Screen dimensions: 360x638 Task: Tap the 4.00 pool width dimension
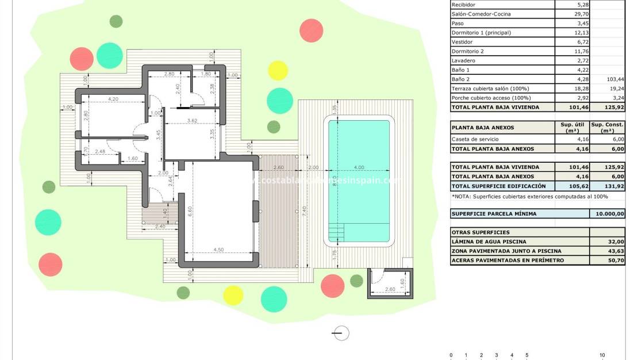(359, 167)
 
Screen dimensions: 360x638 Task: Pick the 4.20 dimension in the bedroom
(112, 99)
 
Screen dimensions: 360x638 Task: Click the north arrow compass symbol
(341, 332)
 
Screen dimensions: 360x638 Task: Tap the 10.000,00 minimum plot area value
(608, 214)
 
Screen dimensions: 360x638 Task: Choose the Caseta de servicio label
(475, 139)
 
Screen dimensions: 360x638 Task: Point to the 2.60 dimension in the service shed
(390, 289)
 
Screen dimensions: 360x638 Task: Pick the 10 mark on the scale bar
(602, 355)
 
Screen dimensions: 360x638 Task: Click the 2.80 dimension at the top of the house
(169, 74)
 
